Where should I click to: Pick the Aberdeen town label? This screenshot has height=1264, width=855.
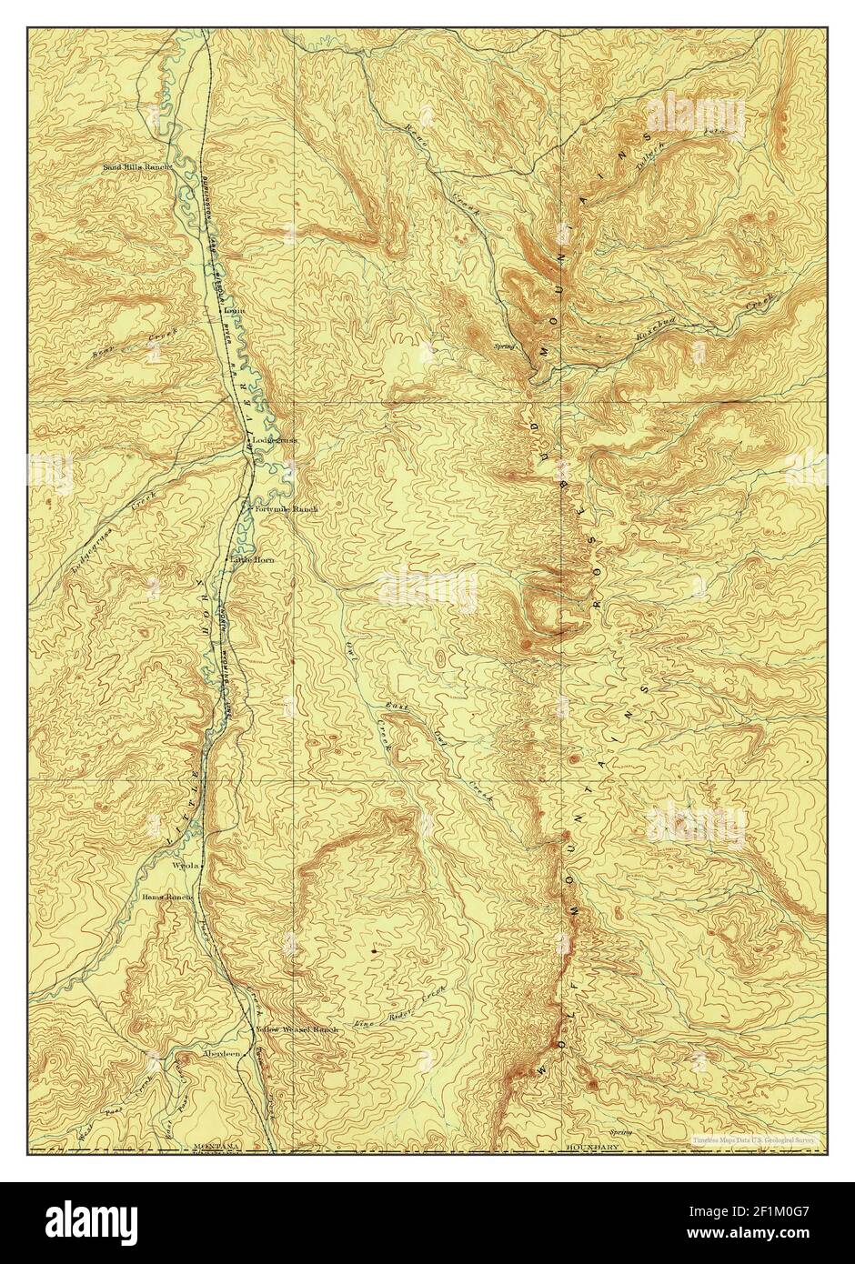tap(222, 1054)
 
